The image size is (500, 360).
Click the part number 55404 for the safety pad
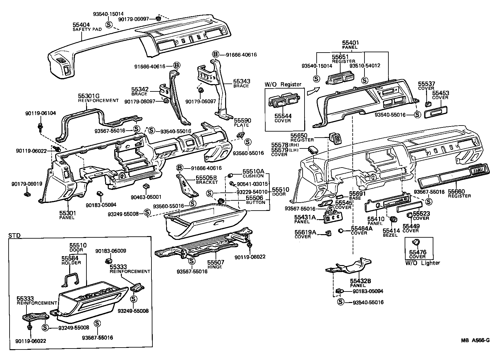tap(81, 25)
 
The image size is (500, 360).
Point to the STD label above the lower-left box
tap(14, 236)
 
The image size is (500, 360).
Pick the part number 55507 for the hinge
tap(216, 263)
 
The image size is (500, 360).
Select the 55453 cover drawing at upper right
tap(436, 112)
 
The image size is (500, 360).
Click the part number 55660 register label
tap(456, 191)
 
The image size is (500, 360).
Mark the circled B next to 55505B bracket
tap(180, 168)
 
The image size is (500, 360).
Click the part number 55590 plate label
tap(243, 121)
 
